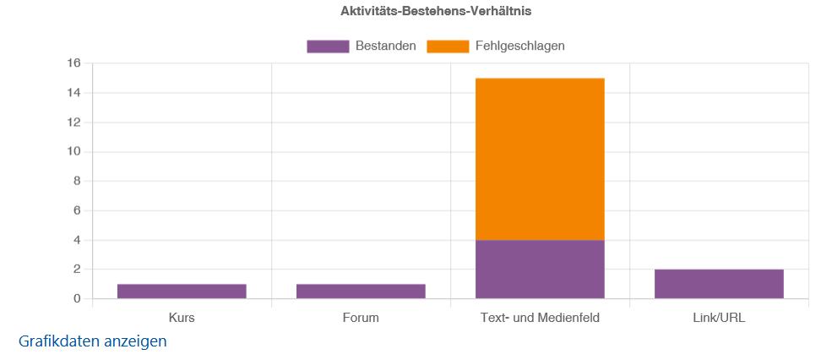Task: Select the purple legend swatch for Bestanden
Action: point(328,46)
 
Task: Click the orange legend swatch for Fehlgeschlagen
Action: point(448,46)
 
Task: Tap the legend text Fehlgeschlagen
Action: point(520,46)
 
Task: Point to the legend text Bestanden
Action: point(386,46)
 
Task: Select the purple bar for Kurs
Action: point(182,292)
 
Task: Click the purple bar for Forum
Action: point(361,292)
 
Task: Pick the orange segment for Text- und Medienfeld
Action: point(540,159)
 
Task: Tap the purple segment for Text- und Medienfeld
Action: point(540,270)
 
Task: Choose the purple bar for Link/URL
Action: point(719,284)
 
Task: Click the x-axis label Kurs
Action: point(182,319)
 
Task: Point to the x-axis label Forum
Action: point(361,319)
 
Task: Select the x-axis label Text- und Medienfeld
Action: point(540,319)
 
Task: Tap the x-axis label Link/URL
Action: point(719,319)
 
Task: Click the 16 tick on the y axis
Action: point(73,63)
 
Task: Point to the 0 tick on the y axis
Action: point(77,299)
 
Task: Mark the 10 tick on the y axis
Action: point(73,152)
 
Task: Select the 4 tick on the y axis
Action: point(77,240)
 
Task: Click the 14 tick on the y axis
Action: point(73,93)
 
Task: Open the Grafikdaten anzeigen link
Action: point(93,341)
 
